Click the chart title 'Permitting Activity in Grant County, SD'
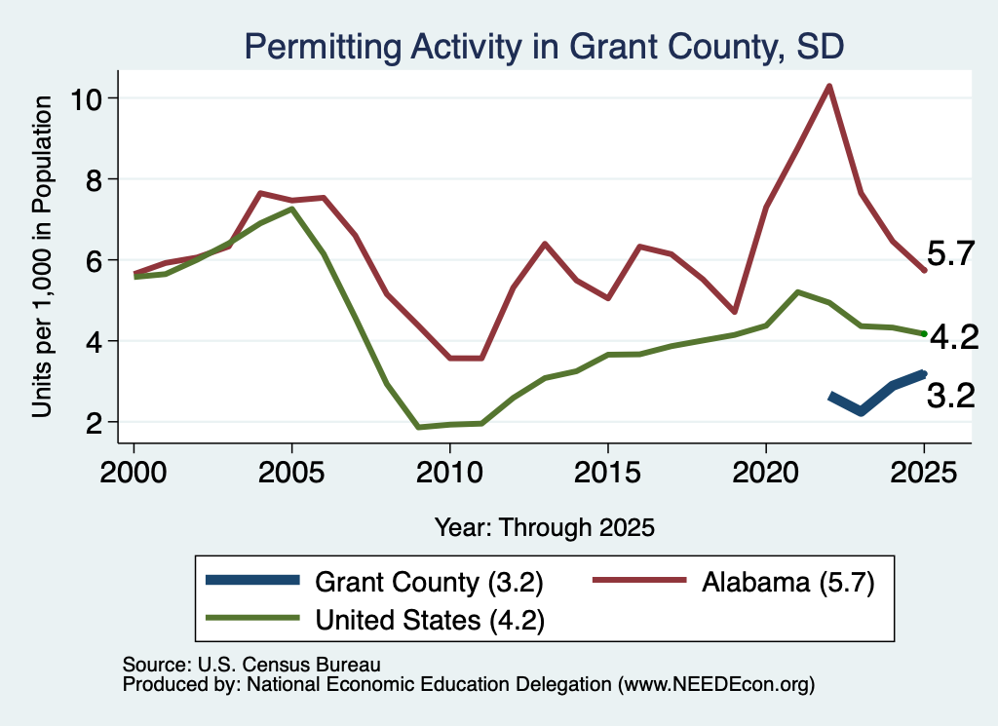click(544, 47)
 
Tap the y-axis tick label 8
click(93, 180)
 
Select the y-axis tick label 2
click(93, 423)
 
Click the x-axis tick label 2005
click(291, 473)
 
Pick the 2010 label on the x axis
click(449, 473)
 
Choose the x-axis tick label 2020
click(766, 473)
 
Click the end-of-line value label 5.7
click(951, 254)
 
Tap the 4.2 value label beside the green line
click(954, 337)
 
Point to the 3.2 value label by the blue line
click(951, 396)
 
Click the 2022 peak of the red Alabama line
click(829, 86)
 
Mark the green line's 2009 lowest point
click(418, 427)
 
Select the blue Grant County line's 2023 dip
click(862, 411)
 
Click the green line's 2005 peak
click(291, 209)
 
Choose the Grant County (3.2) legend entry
click(375, 582)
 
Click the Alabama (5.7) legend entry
click(734, 582)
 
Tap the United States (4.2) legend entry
click(375, 620)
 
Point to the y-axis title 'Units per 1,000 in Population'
click(42, 256)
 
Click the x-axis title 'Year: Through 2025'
click(545, 527)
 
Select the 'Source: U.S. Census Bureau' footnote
click(251, 665)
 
